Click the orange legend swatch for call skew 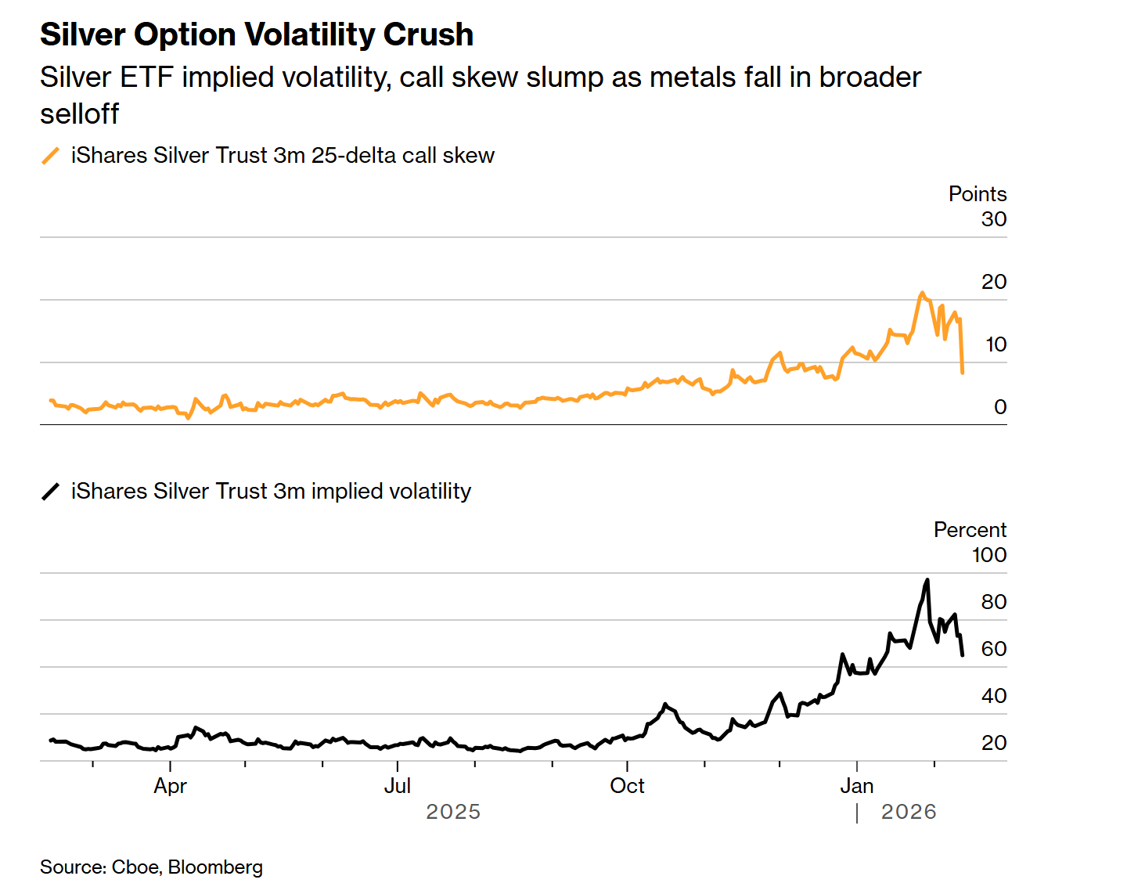point(50,156)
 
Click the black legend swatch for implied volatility point(50,492)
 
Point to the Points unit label point(977,194)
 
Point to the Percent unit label point(970,530)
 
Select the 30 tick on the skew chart point(994,219)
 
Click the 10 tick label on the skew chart point(996,344)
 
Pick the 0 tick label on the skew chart point(1000,407)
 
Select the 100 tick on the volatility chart point(989,555)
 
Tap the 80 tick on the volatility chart point(994,602)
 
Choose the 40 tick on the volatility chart point(994,696)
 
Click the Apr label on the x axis point(170,786)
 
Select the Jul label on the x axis point(398,786)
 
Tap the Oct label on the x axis point(627,786)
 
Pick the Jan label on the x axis point(856,786)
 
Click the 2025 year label point(453,812)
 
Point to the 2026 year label point(909,812)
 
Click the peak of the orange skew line point(922,294)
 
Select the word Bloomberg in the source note point(215,867)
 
